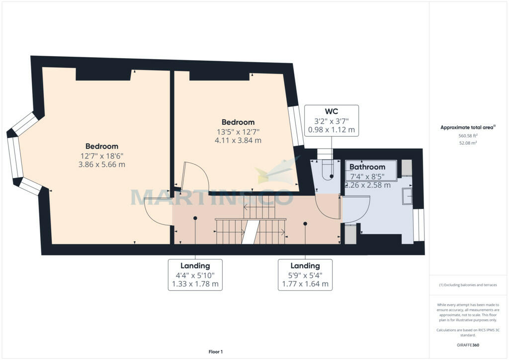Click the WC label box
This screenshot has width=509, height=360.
(332, 120)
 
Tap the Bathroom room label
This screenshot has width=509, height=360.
(367, 167)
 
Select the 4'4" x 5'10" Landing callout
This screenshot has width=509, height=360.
(195, 274)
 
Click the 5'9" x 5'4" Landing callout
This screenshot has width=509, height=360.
(305, 274)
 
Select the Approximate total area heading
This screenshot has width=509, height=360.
(467, 127)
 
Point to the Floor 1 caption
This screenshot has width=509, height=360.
(215, 352)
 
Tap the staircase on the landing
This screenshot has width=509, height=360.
(250, 230)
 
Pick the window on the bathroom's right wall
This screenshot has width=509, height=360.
(419, 225)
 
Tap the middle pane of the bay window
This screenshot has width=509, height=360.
(15, 157)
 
